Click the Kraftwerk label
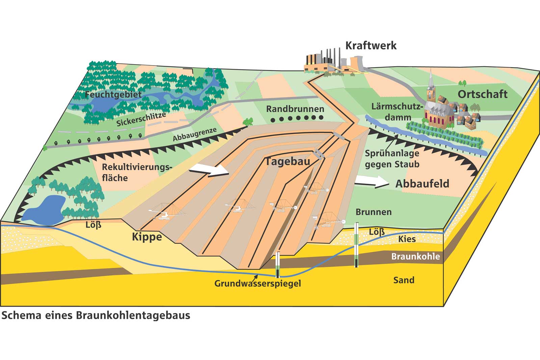[x=371, y=45]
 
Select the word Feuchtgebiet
[x=113, y=94]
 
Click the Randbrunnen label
[x=295, y=109]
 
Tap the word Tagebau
[x=288, y=161]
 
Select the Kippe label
[x=147, y=237]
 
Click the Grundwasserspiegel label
[x=258, y=283]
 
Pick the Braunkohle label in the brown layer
[x=415, y=256]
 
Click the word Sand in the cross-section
[x=404, y=280]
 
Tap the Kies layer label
[x=407, y=239]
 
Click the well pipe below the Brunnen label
[x=356, y=245]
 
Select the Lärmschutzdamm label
[x=397, y=112]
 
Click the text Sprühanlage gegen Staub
[x=392, y=159]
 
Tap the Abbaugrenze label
[x=194, y=135]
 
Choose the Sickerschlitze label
[x=141, y=119]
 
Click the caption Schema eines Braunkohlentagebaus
[x=96, y=315]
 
